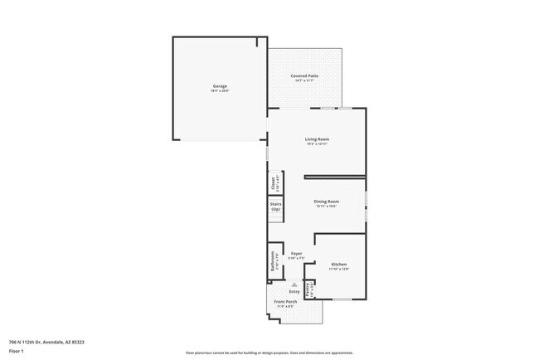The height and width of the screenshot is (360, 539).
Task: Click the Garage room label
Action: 220,86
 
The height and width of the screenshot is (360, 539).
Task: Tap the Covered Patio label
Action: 304,75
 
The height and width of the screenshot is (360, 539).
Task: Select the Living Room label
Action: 317,139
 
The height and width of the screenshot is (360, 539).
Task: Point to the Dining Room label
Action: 326,202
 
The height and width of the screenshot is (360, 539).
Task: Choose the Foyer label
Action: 295,253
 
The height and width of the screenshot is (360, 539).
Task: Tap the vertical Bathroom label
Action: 271,263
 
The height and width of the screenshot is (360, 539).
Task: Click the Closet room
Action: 272,182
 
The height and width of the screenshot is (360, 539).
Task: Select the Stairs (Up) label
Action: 275,207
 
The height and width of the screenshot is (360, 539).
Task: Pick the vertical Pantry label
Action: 308,290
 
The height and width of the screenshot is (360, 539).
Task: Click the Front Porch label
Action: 285,303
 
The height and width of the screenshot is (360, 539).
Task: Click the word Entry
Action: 294,292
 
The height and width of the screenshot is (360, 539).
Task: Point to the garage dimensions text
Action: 220,91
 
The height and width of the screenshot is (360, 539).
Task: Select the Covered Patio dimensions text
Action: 304,80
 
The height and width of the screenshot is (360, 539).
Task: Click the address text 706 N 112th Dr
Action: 46,342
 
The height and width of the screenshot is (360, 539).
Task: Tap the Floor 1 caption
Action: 17,351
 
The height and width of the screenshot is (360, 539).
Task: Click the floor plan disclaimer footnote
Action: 269,352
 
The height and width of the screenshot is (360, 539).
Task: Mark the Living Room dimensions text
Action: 317,144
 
